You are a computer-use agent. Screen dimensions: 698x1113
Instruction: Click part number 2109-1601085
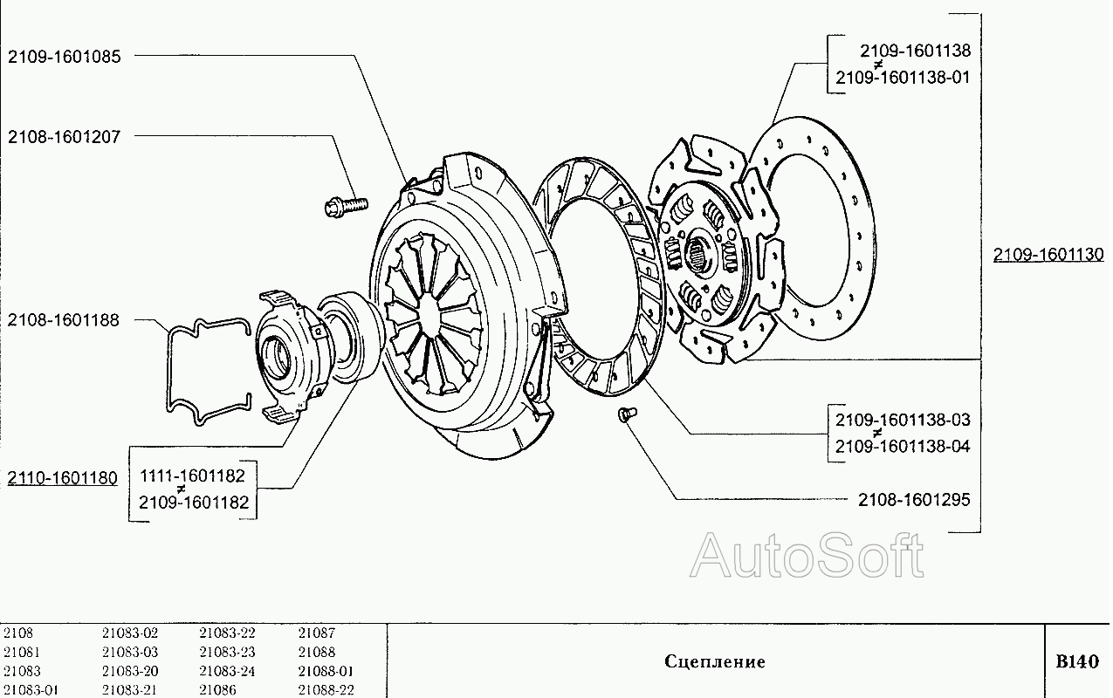tap(65, 57)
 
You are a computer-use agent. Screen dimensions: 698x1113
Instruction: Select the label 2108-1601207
tap(65, 137)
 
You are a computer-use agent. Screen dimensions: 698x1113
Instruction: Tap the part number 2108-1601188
tap(65, 320)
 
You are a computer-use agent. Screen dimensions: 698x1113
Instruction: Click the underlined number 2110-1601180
tap(62, 478)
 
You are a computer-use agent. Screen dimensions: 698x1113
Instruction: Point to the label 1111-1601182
tap(194, 476)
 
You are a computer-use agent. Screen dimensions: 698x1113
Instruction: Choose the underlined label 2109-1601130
tap(1048, 255)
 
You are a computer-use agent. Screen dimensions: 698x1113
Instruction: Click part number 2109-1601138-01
tap(903, 77)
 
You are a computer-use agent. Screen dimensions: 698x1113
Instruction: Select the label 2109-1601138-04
tap(903, 447)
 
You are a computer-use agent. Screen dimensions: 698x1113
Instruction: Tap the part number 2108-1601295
tap(914, 500)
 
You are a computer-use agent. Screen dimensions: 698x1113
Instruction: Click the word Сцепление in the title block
tap(715, 661)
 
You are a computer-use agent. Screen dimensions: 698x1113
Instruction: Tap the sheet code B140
tap(1077, 660)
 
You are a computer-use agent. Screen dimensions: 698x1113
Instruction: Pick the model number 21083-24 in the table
tap(227, 672)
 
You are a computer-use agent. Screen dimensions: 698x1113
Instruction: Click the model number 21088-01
tap(326, 672)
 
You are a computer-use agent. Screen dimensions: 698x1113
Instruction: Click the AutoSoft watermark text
tap(807, 556)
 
